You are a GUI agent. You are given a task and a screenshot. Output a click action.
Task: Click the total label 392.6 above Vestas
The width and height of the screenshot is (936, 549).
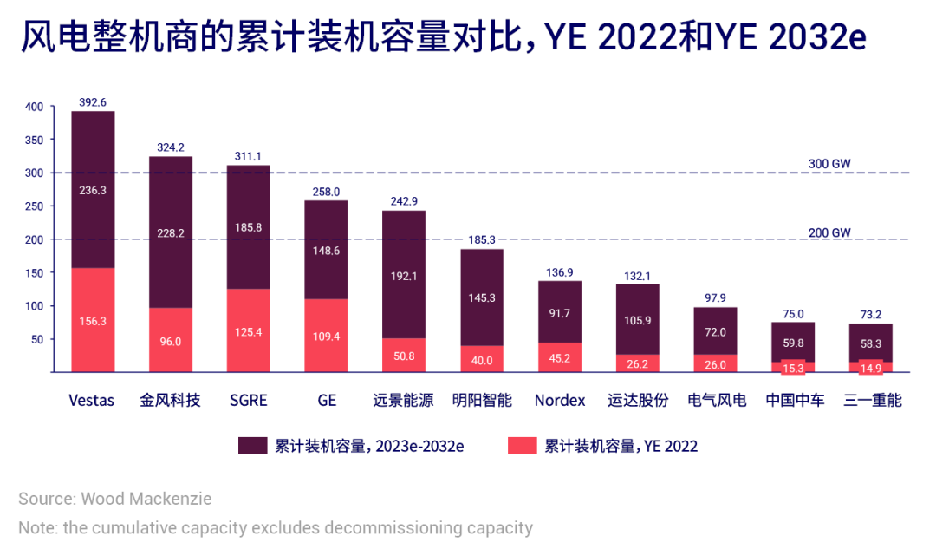pos(92,102)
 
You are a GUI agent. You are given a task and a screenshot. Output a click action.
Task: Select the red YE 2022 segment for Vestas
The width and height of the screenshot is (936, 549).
pos(92,319)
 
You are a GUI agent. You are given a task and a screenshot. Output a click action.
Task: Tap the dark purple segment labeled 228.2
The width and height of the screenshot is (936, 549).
pos(171,232)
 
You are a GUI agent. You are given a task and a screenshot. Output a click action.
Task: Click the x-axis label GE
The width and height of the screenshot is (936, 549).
pos(326,401)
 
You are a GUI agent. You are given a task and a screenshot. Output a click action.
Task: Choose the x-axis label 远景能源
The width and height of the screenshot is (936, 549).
pos(404,401)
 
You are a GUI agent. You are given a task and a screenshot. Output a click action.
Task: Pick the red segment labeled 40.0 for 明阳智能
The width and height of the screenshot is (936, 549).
pos(482,358)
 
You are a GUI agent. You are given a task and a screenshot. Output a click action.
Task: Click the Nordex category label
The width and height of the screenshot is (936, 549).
pos(559,401)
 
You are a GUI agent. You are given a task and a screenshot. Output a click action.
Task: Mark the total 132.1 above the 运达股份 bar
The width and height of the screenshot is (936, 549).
pos(638,276)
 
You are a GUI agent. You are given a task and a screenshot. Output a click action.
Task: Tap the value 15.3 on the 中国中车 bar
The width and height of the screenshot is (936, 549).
pos(793,368)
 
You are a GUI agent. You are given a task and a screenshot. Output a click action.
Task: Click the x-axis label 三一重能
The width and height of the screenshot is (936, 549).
pos(872,401)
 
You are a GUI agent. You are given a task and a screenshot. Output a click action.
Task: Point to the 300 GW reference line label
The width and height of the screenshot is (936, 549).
pos(829,164)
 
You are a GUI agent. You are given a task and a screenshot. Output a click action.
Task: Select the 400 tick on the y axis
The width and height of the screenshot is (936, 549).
pos(33,107)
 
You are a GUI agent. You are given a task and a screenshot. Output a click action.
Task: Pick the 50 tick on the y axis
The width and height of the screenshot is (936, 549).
pos(36,339)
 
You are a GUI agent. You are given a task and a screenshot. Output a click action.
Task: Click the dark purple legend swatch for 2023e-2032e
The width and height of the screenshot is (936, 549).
pos(252,446)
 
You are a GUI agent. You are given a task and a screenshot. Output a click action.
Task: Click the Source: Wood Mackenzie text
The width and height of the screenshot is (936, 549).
pos(114,499)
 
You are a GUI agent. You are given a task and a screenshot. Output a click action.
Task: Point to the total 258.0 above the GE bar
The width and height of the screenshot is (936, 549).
pos(326,192)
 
